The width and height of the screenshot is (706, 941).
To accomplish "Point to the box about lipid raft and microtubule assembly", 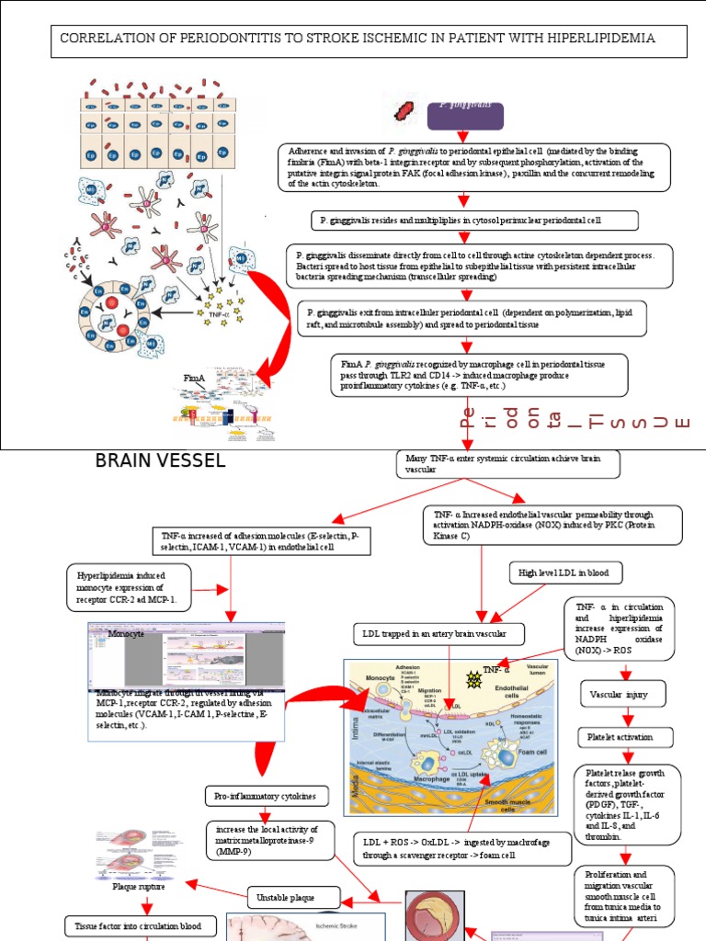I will (472, 318).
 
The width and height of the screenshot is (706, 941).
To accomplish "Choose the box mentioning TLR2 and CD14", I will (480, 374).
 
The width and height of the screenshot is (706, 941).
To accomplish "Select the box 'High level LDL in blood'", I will (565, 573).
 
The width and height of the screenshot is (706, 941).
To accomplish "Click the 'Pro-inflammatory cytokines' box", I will (264, 795).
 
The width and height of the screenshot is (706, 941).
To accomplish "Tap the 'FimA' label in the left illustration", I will (194, 378).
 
